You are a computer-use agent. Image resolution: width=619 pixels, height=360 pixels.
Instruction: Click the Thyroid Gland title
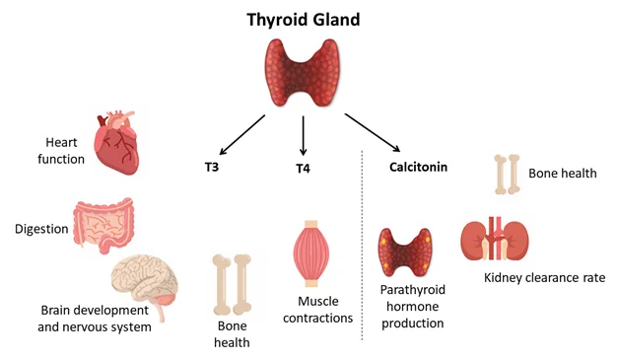coord(304,20)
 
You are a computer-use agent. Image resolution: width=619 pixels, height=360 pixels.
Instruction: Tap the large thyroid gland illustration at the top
coord(303,73)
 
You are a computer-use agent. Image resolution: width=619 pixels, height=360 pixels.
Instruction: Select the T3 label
coord(212,167)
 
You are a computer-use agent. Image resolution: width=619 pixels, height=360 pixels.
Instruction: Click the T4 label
coord(303,169)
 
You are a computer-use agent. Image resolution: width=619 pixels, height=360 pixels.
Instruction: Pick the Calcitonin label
coord(419,167)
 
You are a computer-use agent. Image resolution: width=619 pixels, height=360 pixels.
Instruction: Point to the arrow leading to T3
coord(242,135)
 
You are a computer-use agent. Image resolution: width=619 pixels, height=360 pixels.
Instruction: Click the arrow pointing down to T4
coord(304,135)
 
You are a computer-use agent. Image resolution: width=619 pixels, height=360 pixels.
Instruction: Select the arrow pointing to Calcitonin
coord(373,133)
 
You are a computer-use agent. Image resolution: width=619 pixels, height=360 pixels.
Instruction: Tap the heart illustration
coord(116,143)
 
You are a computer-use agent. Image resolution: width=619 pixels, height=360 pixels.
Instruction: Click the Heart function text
coord(61,151)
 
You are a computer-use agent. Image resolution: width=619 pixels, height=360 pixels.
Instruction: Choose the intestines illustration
coord(103,225)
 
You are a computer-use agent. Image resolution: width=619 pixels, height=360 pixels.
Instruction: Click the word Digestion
coord(41,229)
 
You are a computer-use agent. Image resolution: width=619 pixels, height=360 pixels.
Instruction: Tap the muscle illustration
coord(311,253)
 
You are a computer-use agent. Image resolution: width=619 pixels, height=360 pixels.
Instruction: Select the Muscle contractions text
coord(317,310)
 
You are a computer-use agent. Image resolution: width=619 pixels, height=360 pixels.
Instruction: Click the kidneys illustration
coord(495,239)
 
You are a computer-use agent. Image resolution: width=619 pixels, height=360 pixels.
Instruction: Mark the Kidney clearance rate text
coord(544,278)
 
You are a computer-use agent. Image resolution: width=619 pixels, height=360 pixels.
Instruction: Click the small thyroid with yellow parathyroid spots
coord(405,252)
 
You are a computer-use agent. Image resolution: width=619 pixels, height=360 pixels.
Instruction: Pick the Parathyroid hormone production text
coord(413,307)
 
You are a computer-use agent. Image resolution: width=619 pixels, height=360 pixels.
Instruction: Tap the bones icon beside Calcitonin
coord(507,175)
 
